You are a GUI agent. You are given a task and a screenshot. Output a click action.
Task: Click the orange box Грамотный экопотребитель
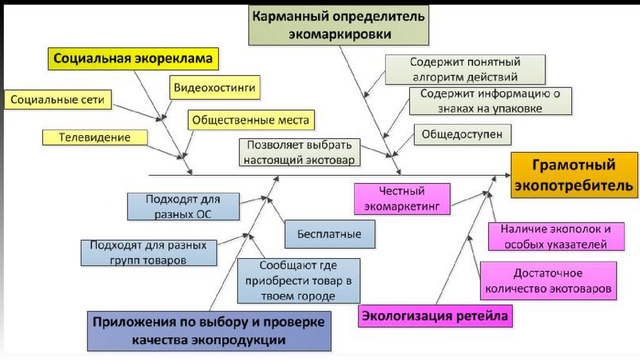[574, 175]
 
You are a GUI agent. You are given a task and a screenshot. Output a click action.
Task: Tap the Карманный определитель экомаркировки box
[339, 25]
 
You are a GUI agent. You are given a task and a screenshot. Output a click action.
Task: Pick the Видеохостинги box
[214, 88]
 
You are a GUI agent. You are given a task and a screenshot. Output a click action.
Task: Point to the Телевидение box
[95, 137]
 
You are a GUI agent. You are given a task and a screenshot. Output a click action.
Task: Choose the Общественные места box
[250, 119]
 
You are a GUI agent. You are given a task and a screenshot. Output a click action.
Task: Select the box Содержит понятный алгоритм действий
[465, 70]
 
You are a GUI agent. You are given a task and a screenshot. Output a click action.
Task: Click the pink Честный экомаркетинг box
[401, 197]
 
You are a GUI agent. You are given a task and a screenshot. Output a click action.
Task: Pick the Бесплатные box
[331, 234]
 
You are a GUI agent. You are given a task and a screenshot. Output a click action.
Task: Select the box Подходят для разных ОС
[183, 206]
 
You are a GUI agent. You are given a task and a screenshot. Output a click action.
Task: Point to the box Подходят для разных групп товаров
[147, 252]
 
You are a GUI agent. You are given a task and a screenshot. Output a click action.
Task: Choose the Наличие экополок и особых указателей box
[556, 236]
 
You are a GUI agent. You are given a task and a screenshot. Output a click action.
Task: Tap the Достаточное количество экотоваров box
[547, 281]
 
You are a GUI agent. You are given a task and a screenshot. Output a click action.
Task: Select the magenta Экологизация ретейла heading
[435, 316]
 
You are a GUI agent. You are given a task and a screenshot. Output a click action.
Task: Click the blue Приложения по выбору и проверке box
[209, 331]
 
